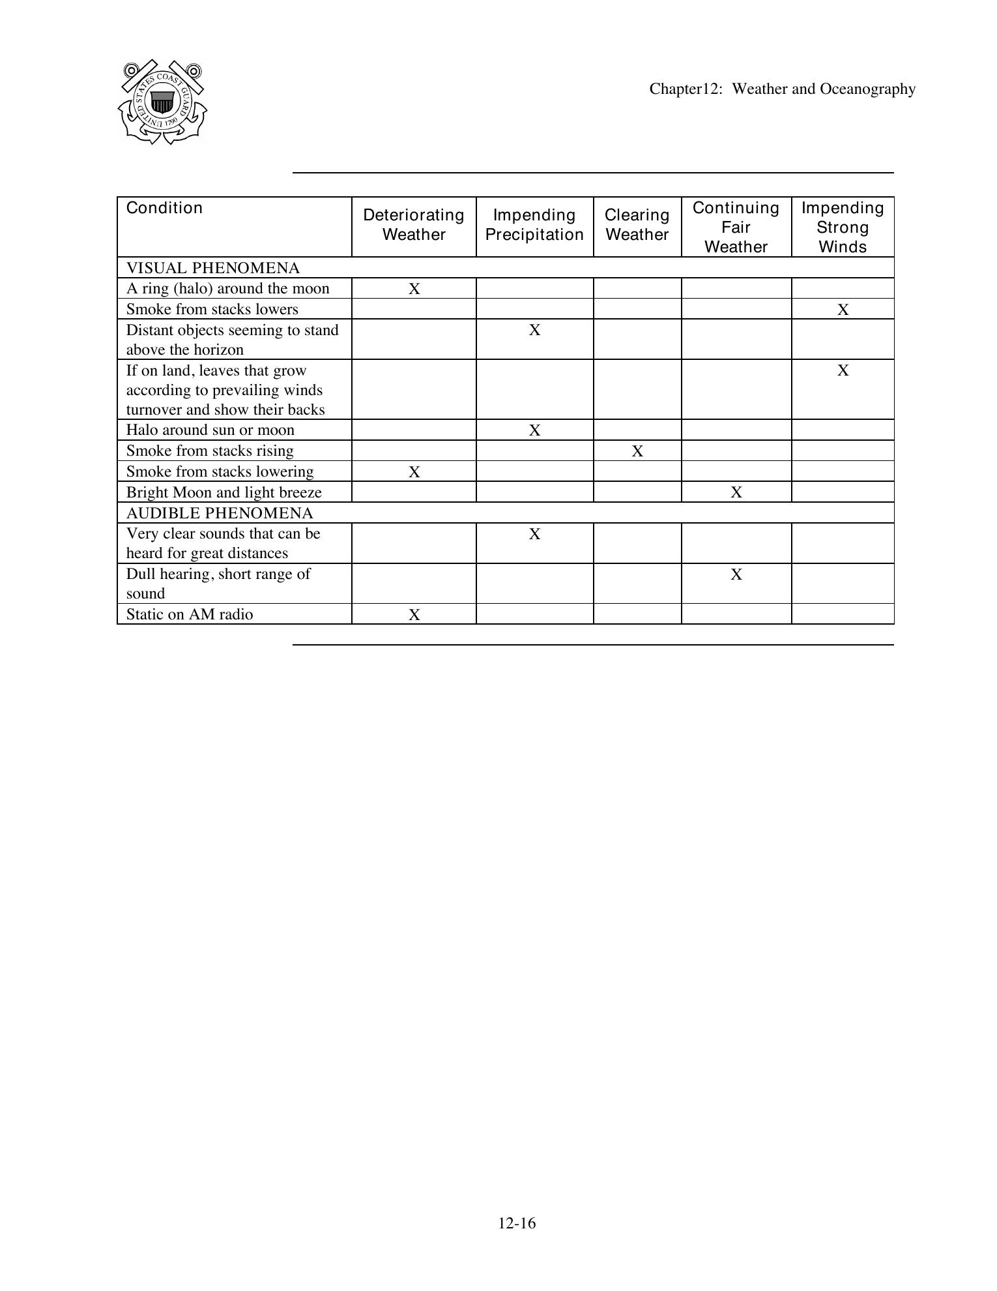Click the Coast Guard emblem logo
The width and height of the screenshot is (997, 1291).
(162, 102)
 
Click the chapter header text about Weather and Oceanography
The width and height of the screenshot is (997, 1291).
(782, 89)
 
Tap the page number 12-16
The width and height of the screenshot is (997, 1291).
(517, 1223)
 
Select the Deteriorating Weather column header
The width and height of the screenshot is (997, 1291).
(414, 225)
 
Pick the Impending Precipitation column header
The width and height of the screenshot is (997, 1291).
(534, 225)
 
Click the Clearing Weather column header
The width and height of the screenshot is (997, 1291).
(637, 225)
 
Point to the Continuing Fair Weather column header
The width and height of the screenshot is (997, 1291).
(736, 227)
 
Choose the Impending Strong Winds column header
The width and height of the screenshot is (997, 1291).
(842, 227)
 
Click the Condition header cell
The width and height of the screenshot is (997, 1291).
(164, 208)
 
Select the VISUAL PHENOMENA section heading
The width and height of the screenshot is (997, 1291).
(213, 268)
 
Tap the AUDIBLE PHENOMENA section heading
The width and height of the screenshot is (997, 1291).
(220, 513)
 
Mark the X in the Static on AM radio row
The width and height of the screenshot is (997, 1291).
(414, 615)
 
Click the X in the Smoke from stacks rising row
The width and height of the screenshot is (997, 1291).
(637, 451)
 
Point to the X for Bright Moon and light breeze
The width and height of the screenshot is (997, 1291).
(736, 493)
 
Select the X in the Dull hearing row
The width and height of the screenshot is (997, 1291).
(736, 574)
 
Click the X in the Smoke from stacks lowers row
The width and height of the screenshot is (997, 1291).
(843, 310)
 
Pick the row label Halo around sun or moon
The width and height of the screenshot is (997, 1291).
(210, 430)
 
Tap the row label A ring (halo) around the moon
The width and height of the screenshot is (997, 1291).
(228, 289)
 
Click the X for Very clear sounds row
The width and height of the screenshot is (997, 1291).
(534, 534)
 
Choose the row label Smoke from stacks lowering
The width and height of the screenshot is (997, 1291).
(220, 471)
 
